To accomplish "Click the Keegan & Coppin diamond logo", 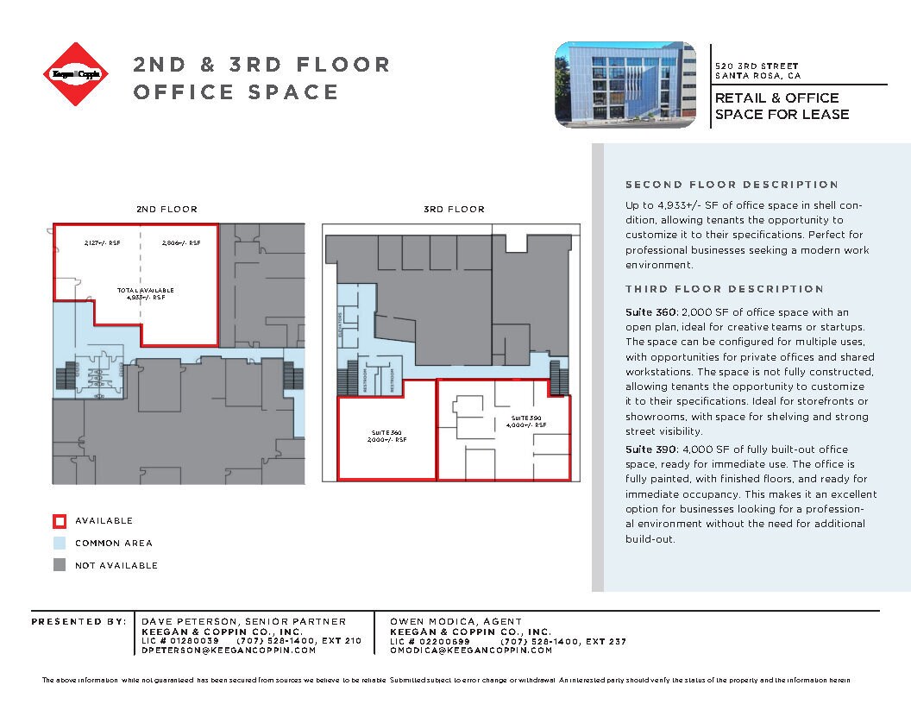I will click(x=77, y=74).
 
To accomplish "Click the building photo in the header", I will click(x=625, y=85).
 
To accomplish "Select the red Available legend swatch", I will click(x=60, y=521).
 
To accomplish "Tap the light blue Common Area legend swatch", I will click(x=60, y=544).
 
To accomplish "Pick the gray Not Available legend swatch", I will click(x=60, y=566).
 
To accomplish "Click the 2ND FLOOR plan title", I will click(x=166, y=210).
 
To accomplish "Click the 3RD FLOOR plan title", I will click(x=454, y=210).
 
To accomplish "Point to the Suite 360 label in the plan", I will click(x=386, y=436).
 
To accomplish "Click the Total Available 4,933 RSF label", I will click(x=147, y=293).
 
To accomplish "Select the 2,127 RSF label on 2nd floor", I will click(x=102, y=243).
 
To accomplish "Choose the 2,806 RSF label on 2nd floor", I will click(x=180, y=243).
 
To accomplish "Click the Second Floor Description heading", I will click(x=732, y=185).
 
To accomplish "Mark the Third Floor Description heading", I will click(x=725, y=289).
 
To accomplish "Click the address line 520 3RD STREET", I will click(x=757, y=66).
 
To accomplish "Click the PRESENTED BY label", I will click(x=79, y=621).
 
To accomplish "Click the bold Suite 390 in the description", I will click(x=650, y=449).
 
